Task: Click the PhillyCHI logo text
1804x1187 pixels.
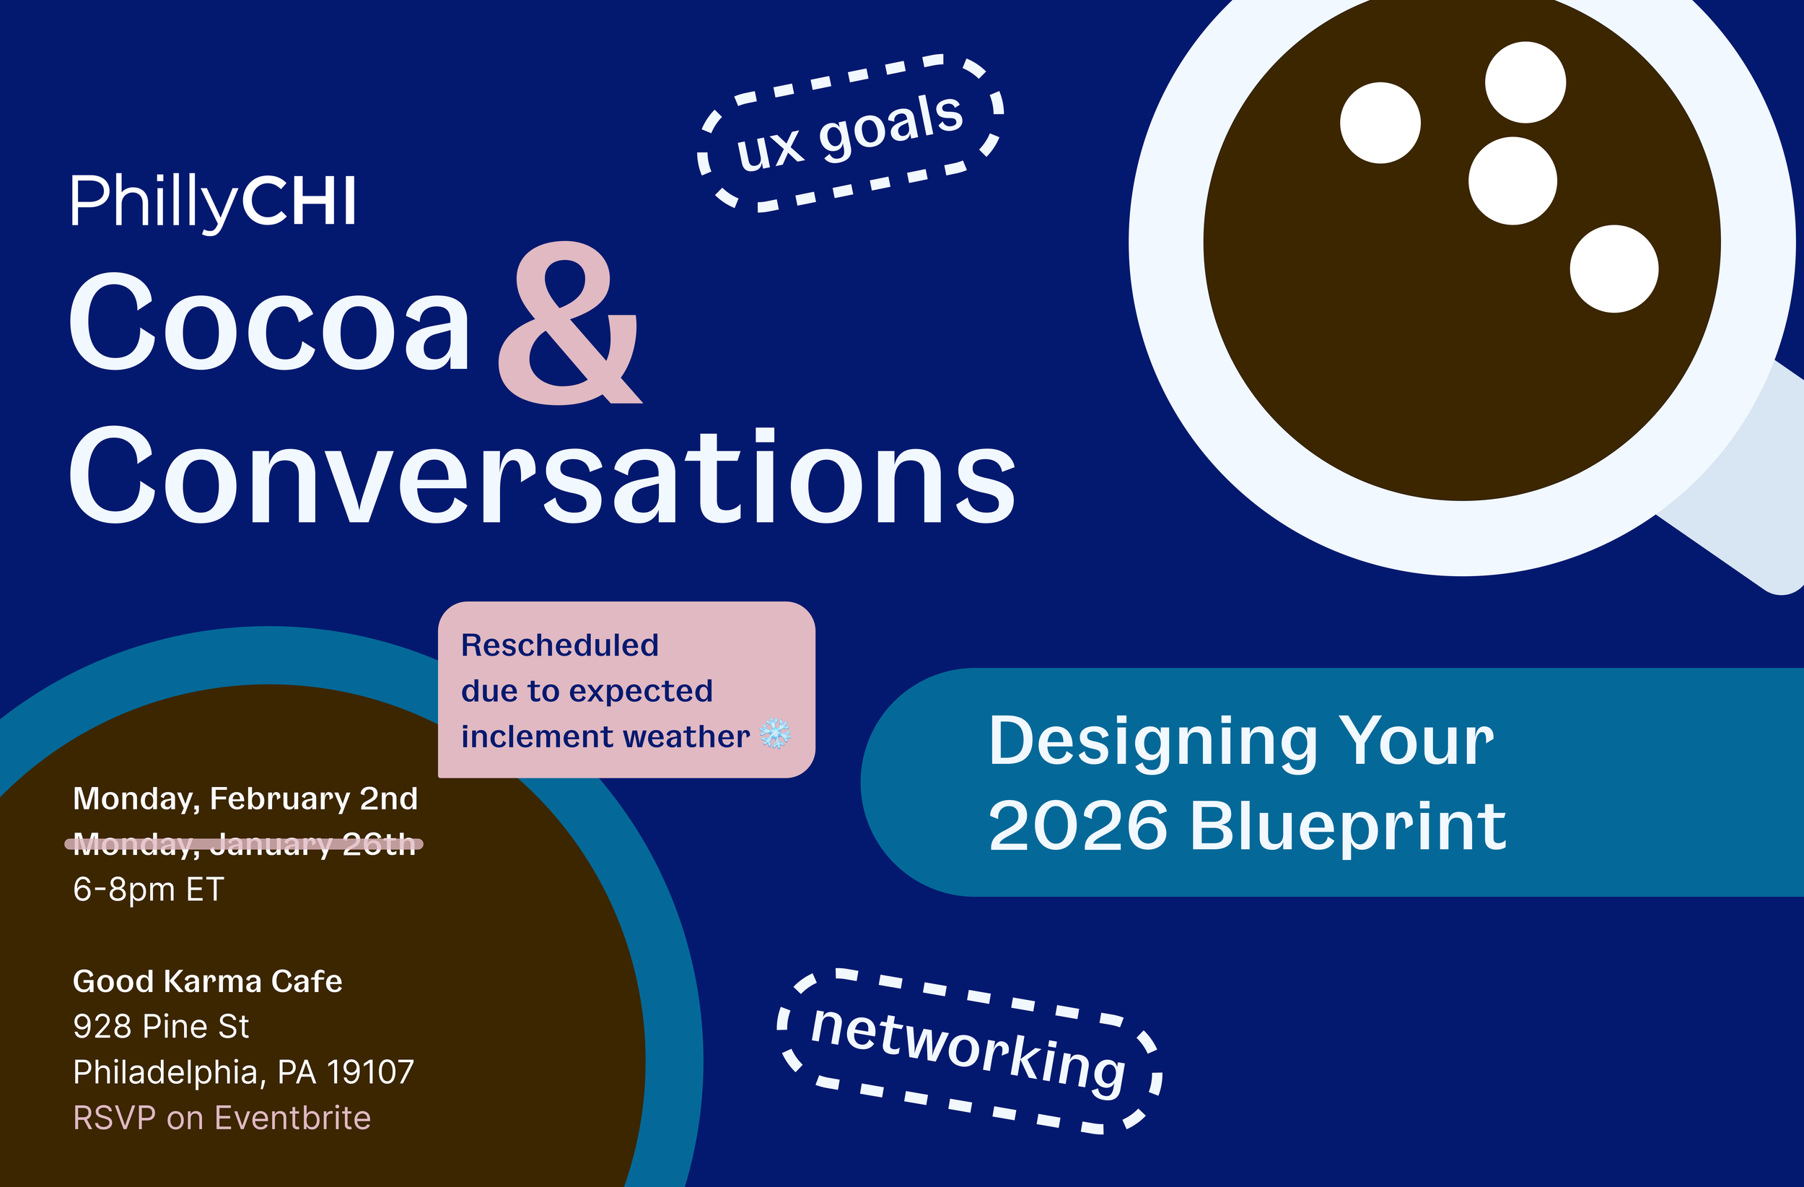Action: (213, 201)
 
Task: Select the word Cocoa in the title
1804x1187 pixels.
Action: (269, 321)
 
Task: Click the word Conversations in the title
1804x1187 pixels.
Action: (541, 477)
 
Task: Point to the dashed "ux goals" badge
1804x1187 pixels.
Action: (851, 133)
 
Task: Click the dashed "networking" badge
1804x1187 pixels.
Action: (968, 1051)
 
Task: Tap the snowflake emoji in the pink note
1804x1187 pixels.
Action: (775, 734)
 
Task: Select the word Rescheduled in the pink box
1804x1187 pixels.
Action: (559, 645)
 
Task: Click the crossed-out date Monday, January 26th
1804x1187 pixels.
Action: (244, 843)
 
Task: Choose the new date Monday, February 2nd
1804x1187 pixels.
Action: (245, 799)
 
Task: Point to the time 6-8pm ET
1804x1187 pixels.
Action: (149, 889)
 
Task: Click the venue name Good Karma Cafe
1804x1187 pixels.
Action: (207, 981)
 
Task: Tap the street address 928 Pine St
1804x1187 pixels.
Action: (161, 1026)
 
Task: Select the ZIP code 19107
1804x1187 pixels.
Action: (370, 1071)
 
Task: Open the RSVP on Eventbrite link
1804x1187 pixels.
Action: (222, 1118)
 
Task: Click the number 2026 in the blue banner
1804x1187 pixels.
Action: (1078, 826)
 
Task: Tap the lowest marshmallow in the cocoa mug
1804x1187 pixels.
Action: (1613, 269)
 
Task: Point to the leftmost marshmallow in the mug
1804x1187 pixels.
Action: (1380, 123)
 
